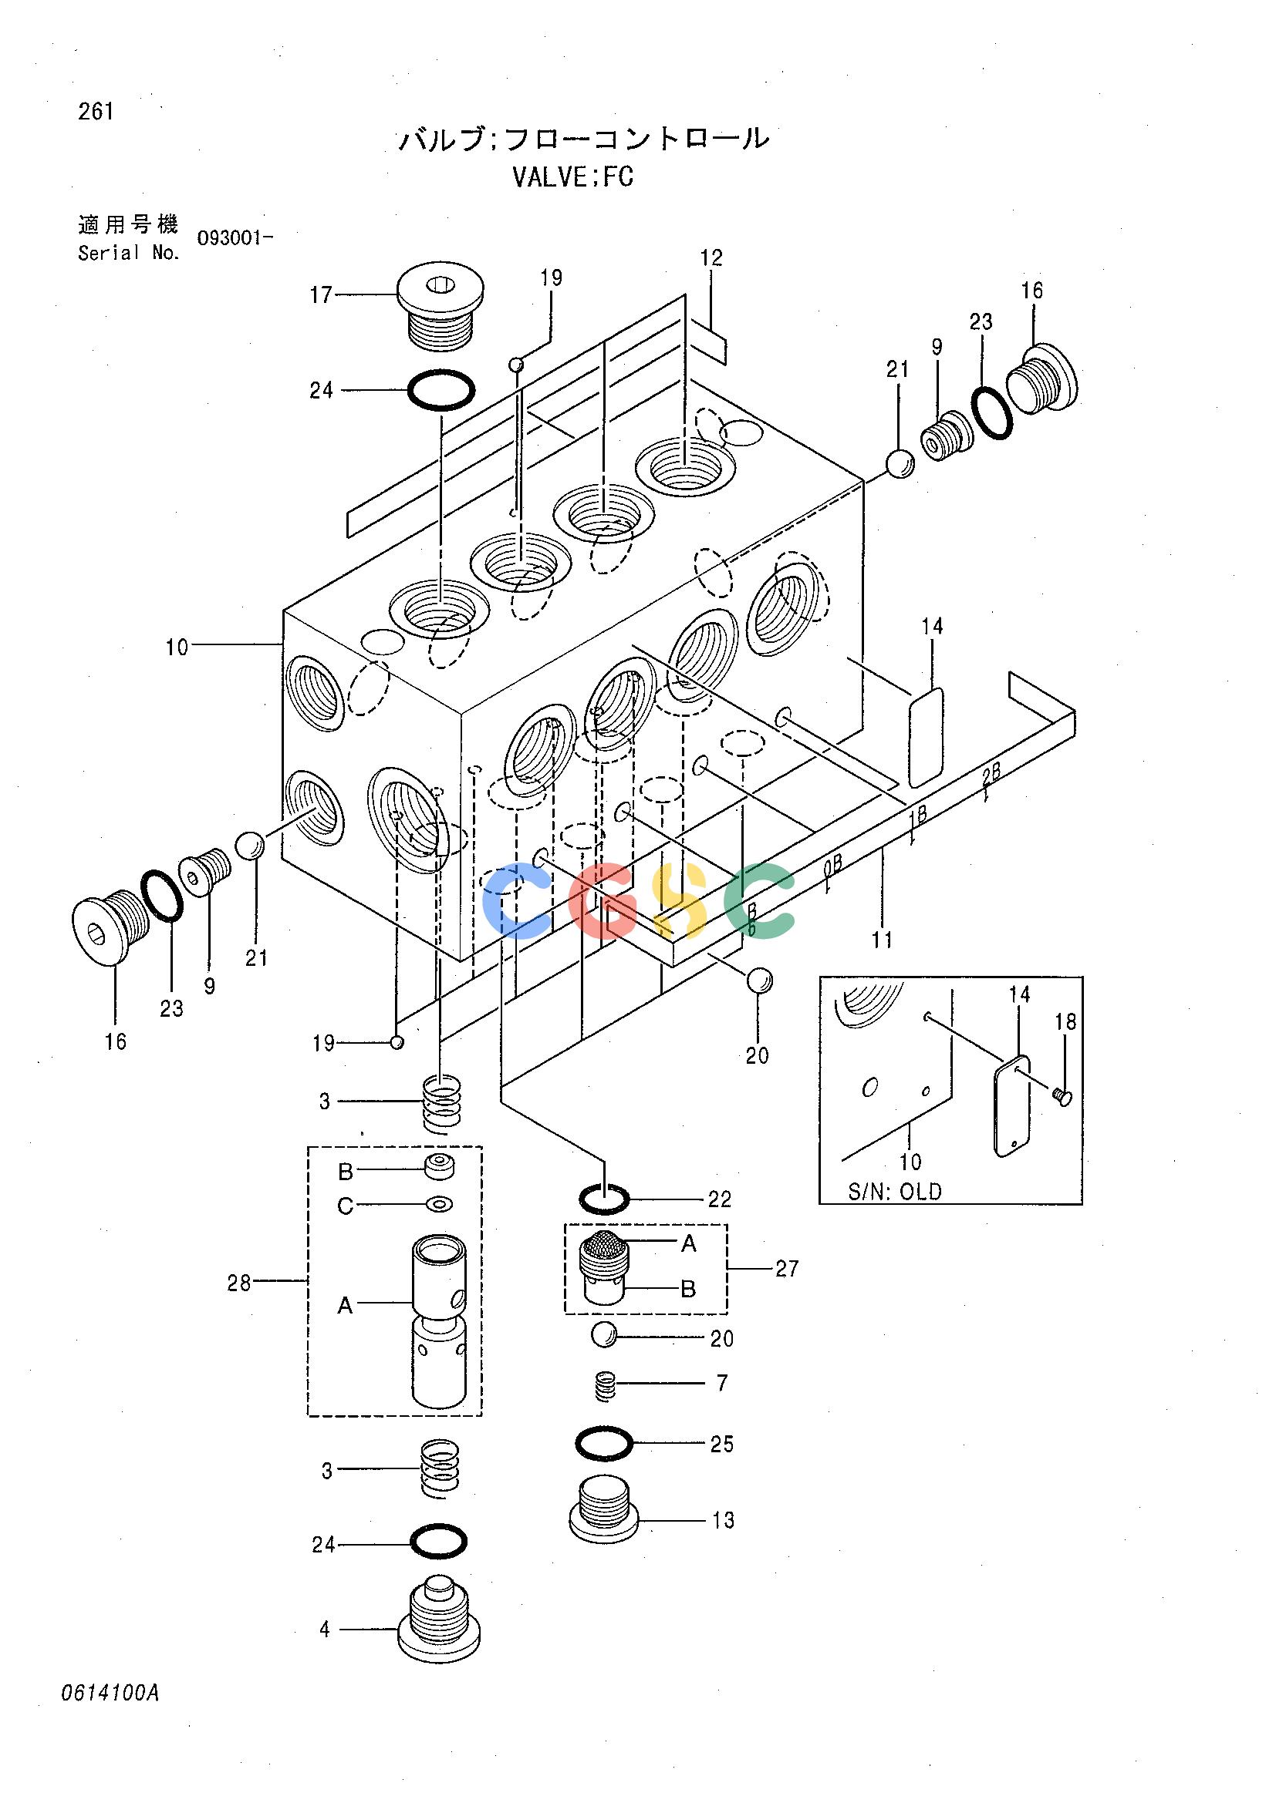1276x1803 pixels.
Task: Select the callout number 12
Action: point(711,257)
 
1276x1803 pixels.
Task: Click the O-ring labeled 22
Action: point(604,1199)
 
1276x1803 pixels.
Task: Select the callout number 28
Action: point(239,1283)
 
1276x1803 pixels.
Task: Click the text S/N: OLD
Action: point(894,1191)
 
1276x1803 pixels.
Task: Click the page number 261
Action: point(96,113)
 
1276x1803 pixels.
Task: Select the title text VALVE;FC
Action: point(572,177)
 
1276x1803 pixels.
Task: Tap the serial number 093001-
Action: point(235,238)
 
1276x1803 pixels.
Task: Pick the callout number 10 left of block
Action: point(177,647)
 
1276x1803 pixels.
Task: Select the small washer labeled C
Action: point(438,1204)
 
